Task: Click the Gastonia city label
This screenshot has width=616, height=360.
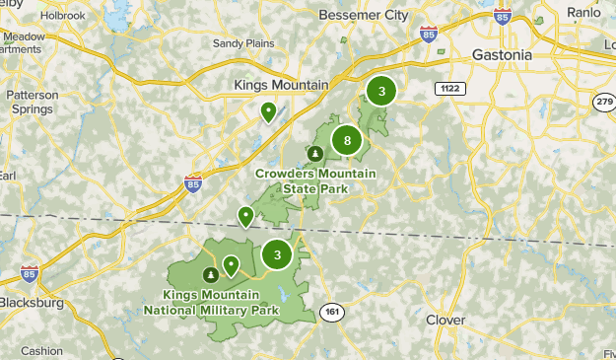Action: [502, 54]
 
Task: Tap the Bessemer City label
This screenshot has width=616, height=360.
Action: [363, 16]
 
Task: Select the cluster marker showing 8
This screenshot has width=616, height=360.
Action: [347, 141]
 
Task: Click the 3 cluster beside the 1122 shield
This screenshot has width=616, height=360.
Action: [381, 91]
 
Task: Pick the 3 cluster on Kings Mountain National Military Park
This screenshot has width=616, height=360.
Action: [278, 254]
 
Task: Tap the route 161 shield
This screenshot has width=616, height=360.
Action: [332, 311]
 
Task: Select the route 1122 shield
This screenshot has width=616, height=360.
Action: [448, 89]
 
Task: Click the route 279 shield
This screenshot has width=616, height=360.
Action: [604, 101]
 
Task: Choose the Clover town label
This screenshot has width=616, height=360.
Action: [445, 320]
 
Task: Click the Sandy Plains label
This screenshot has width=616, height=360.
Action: [242, 42]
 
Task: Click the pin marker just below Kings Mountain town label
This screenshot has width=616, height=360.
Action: [268, 112]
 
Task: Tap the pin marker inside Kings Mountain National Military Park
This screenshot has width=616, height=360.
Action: [231, 264]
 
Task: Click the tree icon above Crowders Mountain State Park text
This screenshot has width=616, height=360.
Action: [314, 154]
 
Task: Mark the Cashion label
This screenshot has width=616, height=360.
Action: [41, 350]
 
